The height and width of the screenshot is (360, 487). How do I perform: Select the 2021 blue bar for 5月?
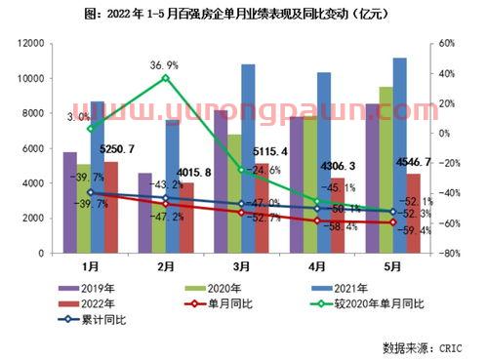pyautogui.click(x=400, y=156)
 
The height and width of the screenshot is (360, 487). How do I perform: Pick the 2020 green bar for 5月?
pyautogui.click(x=386, y=170)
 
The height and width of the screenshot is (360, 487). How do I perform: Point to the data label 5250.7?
pyautogui.click(x=117, y=149)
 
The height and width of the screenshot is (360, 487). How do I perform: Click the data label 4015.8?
pyautogui.click(x=194, y=171)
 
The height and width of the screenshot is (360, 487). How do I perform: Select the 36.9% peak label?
pyautogui.click(x=165, y=63)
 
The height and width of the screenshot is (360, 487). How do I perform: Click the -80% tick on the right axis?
pyautogui.click(x=449, y=254)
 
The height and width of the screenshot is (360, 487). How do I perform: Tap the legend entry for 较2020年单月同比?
pyautogui.click(x=366, y=303)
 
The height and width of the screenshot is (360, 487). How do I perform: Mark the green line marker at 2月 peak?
pyautogui.click(x=165, y=77)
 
